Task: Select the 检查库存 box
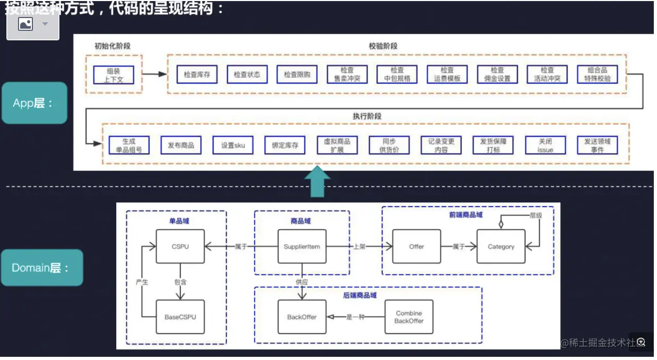(x=197, y=74)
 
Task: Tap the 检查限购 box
(x=297, y=74)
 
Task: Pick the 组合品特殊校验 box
(x=597, y=74)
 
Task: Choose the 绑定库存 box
(x=285, y=145)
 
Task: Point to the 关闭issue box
(x=545, y=145)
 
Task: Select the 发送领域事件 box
(x=597, y=145)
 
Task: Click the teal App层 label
(x=34, y=103)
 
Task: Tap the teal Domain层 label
(x=41, y=268)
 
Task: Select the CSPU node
(x=180, y=246)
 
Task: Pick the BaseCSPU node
(x=180, y=317)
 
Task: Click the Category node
(x=501, y=246)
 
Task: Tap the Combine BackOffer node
(x=409, y=317)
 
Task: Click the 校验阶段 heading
(x=383, y=46)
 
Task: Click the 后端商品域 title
(x=360, y=294)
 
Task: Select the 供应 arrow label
(x=301, y=282)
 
